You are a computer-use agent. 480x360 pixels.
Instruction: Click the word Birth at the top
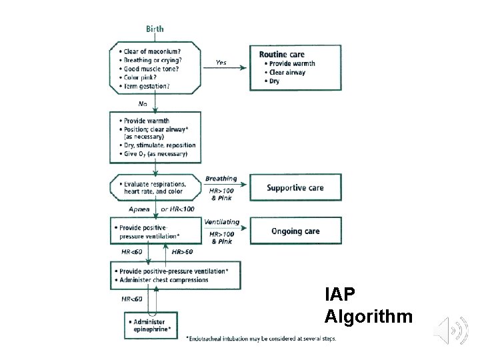click(x=155, y=29)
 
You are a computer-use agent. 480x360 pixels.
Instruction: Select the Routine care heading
click(x=282, y=54)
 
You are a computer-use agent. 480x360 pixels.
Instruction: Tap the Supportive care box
click(x=295, y=188)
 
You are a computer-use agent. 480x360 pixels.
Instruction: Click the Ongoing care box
click(x=295, y=231)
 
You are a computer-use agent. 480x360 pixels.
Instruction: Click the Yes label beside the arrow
click(x=221, y=63)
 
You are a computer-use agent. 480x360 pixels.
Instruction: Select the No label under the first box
click(x=143, y=103)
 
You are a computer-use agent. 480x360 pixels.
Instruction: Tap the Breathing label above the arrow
click(x=221, y=179)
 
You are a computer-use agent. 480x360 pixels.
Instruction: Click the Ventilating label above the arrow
click(x=221, y=221)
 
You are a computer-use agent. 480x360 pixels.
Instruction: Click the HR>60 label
click(x=182, y=252)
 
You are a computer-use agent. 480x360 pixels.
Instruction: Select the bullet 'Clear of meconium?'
click(x=152, y=52)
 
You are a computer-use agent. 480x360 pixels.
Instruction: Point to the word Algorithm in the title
click(x=369, y=317)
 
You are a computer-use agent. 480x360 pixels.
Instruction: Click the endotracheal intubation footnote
click(x=261, y=339)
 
